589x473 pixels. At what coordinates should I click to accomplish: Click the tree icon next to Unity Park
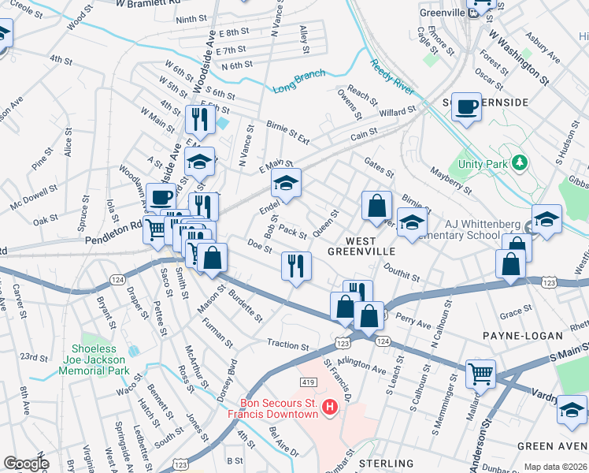pos(518,162)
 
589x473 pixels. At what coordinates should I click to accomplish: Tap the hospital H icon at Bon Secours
pos(331,407)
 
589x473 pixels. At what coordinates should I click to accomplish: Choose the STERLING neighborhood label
pos(386,463)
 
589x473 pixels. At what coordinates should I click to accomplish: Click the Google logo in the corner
pos(25,464)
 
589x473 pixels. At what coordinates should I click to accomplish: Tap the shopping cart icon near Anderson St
pos(480,373)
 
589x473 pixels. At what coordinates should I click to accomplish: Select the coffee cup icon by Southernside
pos(466,106)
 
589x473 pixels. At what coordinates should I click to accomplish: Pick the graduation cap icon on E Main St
pos(286,183)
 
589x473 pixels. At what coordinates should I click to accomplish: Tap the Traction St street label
pos(287,345)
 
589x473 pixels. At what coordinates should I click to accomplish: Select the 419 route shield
pos(309,382)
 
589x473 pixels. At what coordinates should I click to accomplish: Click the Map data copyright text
pos(554,467)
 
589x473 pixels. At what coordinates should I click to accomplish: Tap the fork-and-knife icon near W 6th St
pos(199,119)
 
